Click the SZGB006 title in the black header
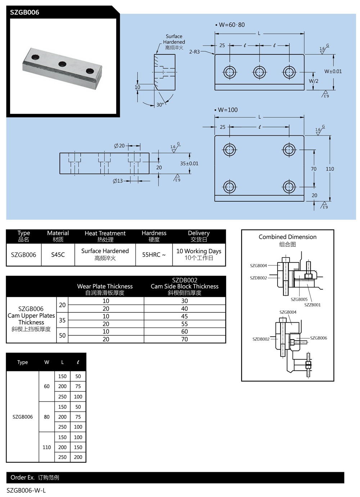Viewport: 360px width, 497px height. tap(24, 12)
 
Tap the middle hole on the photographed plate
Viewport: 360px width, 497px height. tap(62, 64)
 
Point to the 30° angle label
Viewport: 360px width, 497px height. tap(160, 105)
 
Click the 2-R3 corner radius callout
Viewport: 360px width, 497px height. tap(194, 52)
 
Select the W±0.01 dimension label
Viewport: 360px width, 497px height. tap(333, 71)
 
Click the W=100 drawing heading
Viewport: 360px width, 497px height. tap(228, 110)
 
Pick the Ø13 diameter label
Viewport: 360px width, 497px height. tap(118, 181)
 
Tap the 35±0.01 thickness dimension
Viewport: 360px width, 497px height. tap(189, 164)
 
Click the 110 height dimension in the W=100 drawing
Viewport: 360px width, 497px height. tap(330, 169)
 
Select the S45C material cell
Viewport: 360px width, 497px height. tap(58, 255)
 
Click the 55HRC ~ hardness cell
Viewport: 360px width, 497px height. tap(154, 255)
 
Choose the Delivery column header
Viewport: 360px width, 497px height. tap(199, 236)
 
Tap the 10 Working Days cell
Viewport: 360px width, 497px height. tap(199, 254)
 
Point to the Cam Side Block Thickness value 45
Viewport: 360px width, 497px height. tap(184, 316)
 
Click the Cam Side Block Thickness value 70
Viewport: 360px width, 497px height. tap(184, 339)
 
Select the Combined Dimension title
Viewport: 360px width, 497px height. tap(287, 237)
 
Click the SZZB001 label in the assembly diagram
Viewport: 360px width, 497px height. tap(312, 305)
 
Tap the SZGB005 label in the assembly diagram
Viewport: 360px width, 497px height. tap(299, 299)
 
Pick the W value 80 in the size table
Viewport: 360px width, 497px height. tap(47, 417)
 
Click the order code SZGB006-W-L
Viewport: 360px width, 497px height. tap(26, 490)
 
